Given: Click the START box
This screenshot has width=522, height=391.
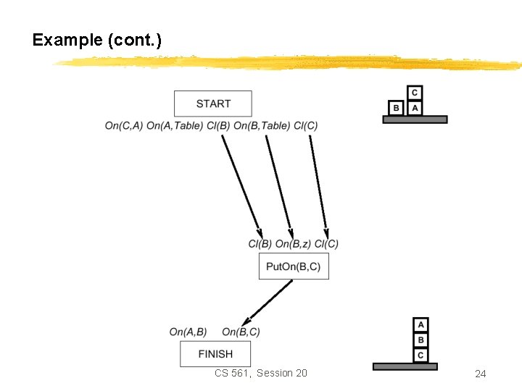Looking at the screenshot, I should point(213,104).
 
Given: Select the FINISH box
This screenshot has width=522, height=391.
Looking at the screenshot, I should point(215,353).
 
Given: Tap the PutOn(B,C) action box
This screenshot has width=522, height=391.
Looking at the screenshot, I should point(293,266).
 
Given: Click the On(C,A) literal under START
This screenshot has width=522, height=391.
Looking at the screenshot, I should point(123,126).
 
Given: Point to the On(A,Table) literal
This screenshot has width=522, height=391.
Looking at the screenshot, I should point(174,126).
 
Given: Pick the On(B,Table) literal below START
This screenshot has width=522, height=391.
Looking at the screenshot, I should point(265,126).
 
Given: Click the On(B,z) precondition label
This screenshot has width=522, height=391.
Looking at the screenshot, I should point(293,244).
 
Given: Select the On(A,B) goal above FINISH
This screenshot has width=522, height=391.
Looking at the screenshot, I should point(188,332).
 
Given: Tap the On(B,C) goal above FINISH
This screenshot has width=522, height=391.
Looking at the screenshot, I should point(241,332).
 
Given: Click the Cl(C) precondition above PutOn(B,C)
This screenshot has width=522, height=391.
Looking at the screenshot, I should point(326,244).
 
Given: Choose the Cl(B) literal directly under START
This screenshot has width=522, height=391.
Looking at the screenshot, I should point(219,126).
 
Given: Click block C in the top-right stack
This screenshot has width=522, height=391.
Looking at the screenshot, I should point(415,93).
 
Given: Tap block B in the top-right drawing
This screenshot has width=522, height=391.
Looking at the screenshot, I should point(396,108).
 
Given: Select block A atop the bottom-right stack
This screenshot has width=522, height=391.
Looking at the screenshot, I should point(421,324).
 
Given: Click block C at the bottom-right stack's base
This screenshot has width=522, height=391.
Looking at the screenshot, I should point(421,355).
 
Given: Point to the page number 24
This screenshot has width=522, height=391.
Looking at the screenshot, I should point(480,374).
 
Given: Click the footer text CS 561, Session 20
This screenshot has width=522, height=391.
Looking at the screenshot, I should point(261,373).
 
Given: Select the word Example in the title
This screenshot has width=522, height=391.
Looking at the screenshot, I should point(67,40).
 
